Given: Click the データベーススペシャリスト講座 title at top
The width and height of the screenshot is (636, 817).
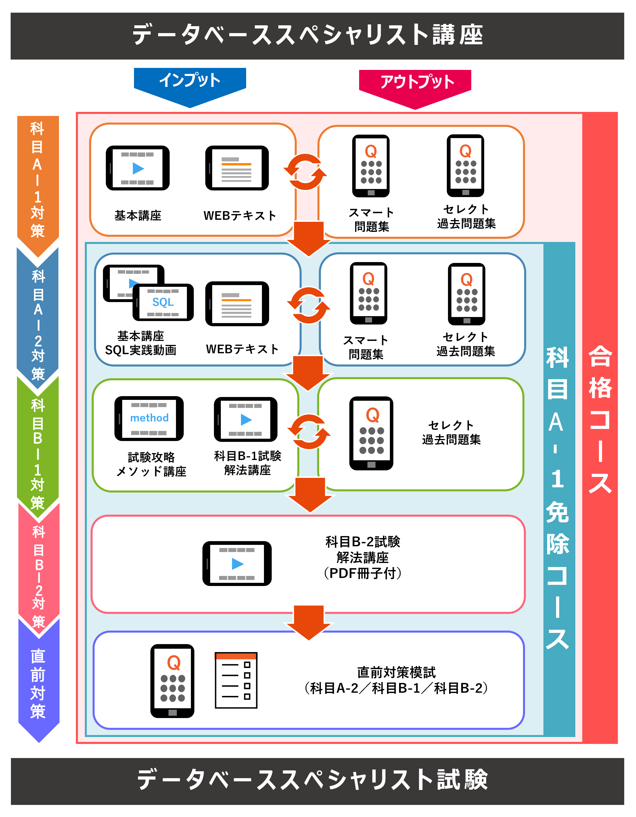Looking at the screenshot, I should click(x=308, y=35).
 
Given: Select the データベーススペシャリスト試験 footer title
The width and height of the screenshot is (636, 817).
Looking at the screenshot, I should click(x=313, y=780).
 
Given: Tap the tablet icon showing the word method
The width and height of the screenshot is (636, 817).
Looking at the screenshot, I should click(x=149, y=418).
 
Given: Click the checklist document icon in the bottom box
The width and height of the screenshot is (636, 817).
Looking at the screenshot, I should click(x=236, y=680).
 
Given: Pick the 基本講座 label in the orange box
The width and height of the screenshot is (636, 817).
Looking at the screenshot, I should click(x=138, y=216).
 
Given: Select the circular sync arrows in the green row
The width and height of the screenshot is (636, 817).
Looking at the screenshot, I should click(x=309, y=432).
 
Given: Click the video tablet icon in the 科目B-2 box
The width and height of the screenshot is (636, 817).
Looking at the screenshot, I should click(x=237, y=563).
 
